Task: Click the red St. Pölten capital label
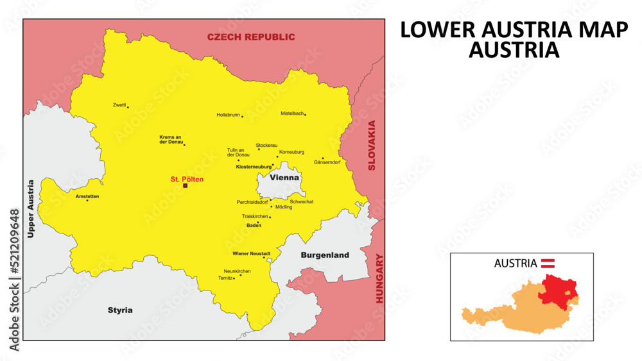pyautogui.click(x=187, y=180)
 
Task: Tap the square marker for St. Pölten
pyautogui.click(x=185, y=186)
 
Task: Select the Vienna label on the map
pyautogui.click(x=284, y=177)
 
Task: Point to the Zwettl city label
pyautogui.click(x=119, y=105)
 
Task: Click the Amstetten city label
pyautogui.click(x=87, y=196)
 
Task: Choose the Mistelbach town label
pyautogui.click(x=291, y=113)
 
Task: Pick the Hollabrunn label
pyautogui.click(x=228, y=115)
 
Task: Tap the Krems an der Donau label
pyautogui.click(x=171, y=139)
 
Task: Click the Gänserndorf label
pyautogui.click(x=327, y=162)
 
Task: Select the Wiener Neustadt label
pyautogui.click(x=251, y=254)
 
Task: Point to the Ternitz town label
pyautogui.click(x=225, y=278)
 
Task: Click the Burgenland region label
pyautogui.click(x=325, y=255)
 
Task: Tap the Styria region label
pyautogui.click(x=120, y=310)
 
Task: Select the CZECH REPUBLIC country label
pyautogui.click(x=251, y=37)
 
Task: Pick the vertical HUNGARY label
pyautogui.click(x=379, y=278)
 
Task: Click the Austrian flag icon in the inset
pyautogui.click(x=548, y=263)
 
